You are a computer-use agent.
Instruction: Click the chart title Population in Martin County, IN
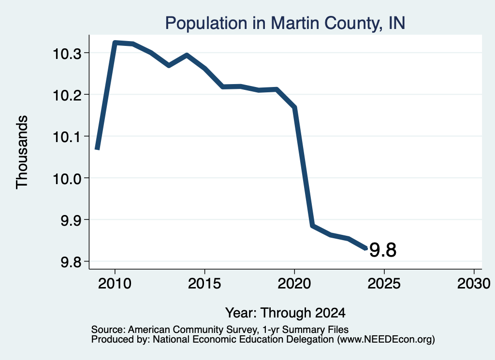(x=285, y=23)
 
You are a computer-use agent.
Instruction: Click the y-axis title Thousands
(x=22, y=152)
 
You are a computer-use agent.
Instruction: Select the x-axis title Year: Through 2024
(x=285, y=313)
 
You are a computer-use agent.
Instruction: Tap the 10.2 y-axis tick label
(x=67, y=95)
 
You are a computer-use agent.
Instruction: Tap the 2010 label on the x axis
(x=115, y=283)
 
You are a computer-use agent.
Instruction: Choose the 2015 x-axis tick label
(x=204, y=283)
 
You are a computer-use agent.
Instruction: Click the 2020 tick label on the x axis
(x=294, y=283)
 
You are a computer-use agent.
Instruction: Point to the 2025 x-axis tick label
(x=384, y=283)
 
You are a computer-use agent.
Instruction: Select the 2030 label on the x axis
(x=474, y=283)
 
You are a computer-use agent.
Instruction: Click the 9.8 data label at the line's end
(x=383, y=250)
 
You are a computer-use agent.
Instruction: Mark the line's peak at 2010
(x=115, y=43)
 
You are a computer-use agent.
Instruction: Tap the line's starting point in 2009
(x=97, y=149)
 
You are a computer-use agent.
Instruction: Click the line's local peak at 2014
(x=187, y=55)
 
